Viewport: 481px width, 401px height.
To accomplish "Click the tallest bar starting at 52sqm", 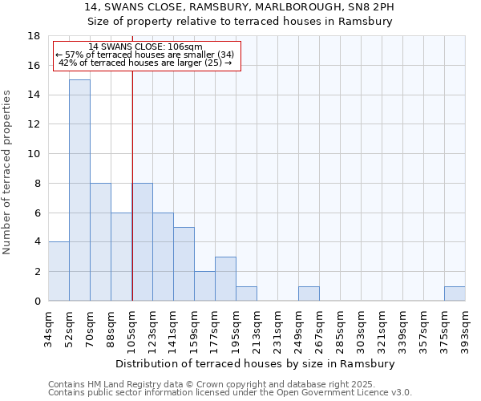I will (x=79, y=190).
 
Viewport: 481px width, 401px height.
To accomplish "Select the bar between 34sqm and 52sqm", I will (x=59, y=271).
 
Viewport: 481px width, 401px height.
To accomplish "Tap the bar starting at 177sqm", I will (x=225, y=278).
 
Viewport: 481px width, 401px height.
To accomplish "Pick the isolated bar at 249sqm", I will (x=309, y=294).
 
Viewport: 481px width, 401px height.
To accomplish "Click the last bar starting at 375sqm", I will (x=455, y=294).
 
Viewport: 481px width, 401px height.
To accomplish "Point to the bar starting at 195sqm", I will (x=246, y=294).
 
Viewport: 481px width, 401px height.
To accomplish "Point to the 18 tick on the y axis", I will (x=34, y=36).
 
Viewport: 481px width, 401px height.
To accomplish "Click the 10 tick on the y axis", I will (x=34, y=154).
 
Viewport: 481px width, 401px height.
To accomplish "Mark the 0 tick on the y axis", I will (x=37, y=302).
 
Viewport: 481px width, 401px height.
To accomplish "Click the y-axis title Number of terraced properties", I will (x=8, y=172).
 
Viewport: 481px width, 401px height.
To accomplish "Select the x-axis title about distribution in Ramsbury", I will (x=256, y=363).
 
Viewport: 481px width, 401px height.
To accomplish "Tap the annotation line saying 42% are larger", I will (x=145, y=63).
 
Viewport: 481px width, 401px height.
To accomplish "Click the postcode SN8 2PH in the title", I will (x=372, y=7).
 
